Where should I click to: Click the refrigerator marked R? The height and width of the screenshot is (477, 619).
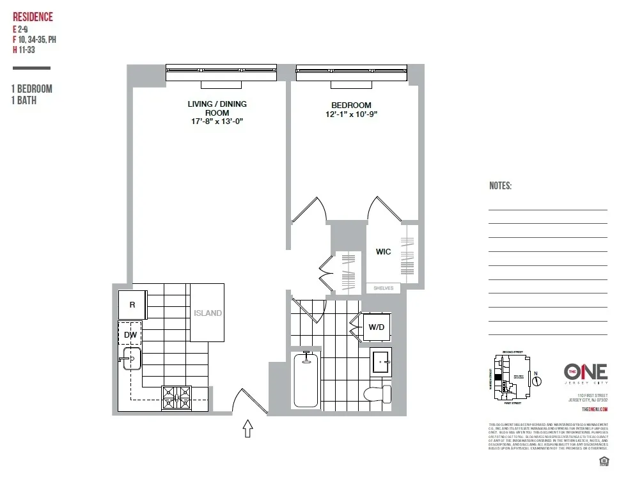point(132,305)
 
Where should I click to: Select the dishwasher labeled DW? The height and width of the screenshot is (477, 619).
point(130,334)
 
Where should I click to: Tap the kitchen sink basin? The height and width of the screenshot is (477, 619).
point(132,360)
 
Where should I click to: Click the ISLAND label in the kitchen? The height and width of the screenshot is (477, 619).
point(208,313)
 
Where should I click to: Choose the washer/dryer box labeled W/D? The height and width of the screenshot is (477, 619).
point(377,328)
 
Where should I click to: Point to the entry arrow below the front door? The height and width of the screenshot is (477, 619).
point(249,428)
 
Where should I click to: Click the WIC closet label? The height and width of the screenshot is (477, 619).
point(383,252)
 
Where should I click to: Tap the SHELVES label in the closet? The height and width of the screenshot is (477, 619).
point(384,288)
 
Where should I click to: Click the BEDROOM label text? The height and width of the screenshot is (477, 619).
point(351,106)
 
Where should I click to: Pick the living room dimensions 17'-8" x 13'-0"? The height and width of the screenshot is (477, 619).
point(217,121)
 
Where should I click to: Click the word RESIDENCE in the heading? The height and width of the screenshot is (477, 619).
point(33,17)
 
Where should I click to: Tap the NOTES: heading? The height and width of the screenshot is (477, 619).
point(500,186)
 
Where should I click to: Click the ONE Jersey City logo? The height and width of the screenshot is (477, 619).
point(585,373)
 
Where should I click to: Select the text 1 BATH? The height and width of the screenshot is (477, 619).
point(24,100)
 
